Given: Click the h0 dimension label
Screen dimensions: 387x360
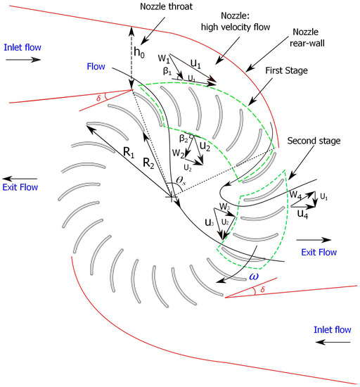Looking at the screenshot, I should (141, 53).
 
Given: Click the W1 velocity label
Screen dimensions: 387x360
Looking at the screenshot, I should (164, 58).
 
